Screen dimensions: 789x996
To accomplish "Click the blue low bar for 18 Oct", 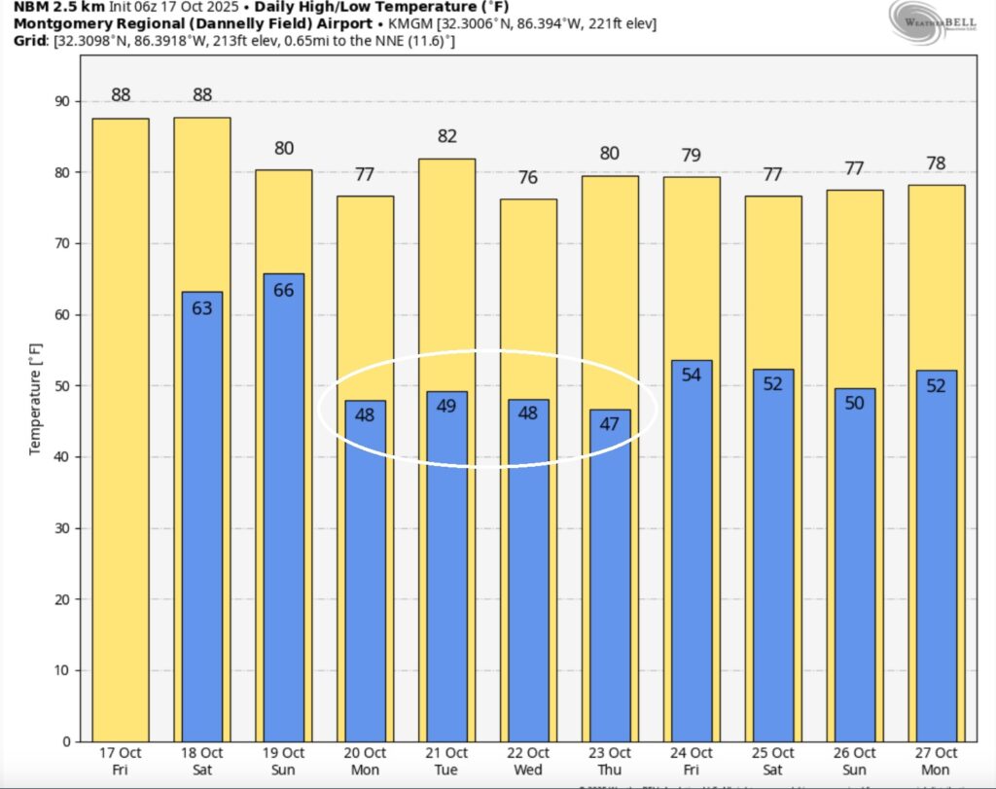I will [202, 516].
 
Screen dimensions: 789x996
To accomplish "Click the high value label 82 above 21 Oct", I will [447, 136].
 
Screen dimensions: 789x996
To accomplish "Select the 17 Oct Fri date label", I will [121, 762].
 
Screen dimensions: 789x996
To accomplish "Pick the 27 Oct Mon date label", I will [937, 762].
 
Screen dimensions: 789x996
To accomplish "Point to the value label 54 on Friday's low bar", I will [692, 375].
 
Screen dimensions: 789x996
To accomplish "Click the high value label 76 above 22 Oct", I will [529, 177].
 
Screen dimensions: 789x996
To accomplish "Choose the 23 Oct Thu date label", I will [611, 762].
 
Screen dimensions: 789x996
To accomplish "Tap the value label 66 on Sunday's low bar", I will [284, 289].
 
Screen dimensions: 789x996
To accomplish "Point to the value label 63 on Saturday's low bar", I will [202, 308].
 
